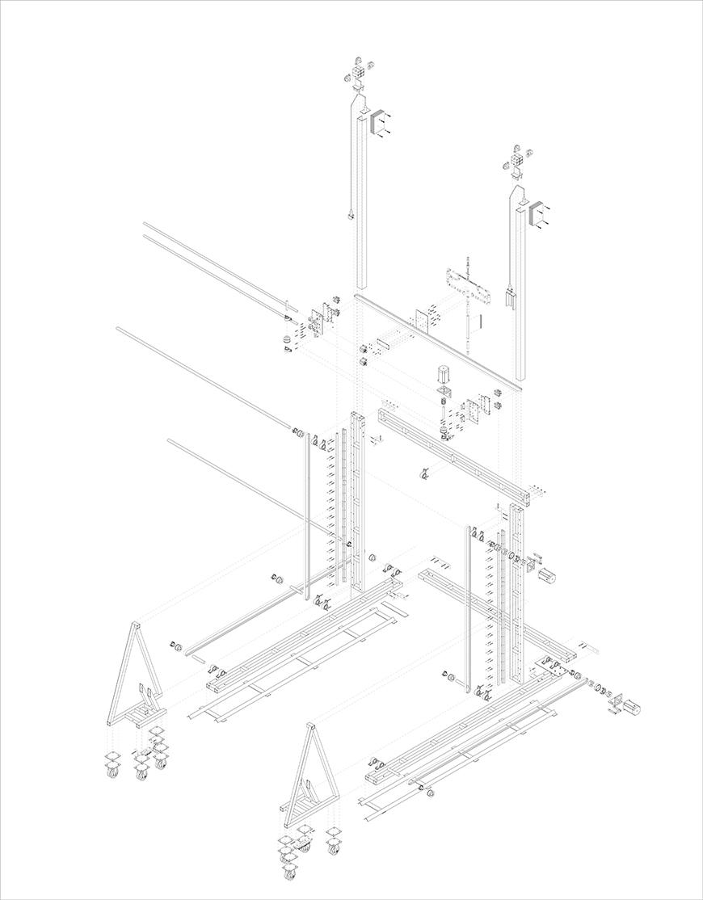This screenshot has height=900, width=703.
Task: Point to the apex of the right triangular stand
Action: (309, 728)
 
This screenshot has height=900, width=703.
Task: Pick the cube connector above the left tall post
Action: (358, 76)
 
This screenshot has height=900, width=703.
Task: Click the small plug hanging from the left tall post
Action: (351, 216)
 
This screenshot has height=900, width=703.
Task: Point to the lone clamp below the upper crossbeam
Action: (423, 473)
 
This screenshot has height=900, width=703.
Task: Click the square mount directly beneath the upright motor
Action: (442, 393)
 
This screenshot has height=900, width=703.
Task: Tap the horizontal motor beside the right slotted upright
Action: (549, 575)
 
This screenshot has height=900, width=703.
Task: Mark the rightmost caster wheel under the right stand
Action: (334, 847)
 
